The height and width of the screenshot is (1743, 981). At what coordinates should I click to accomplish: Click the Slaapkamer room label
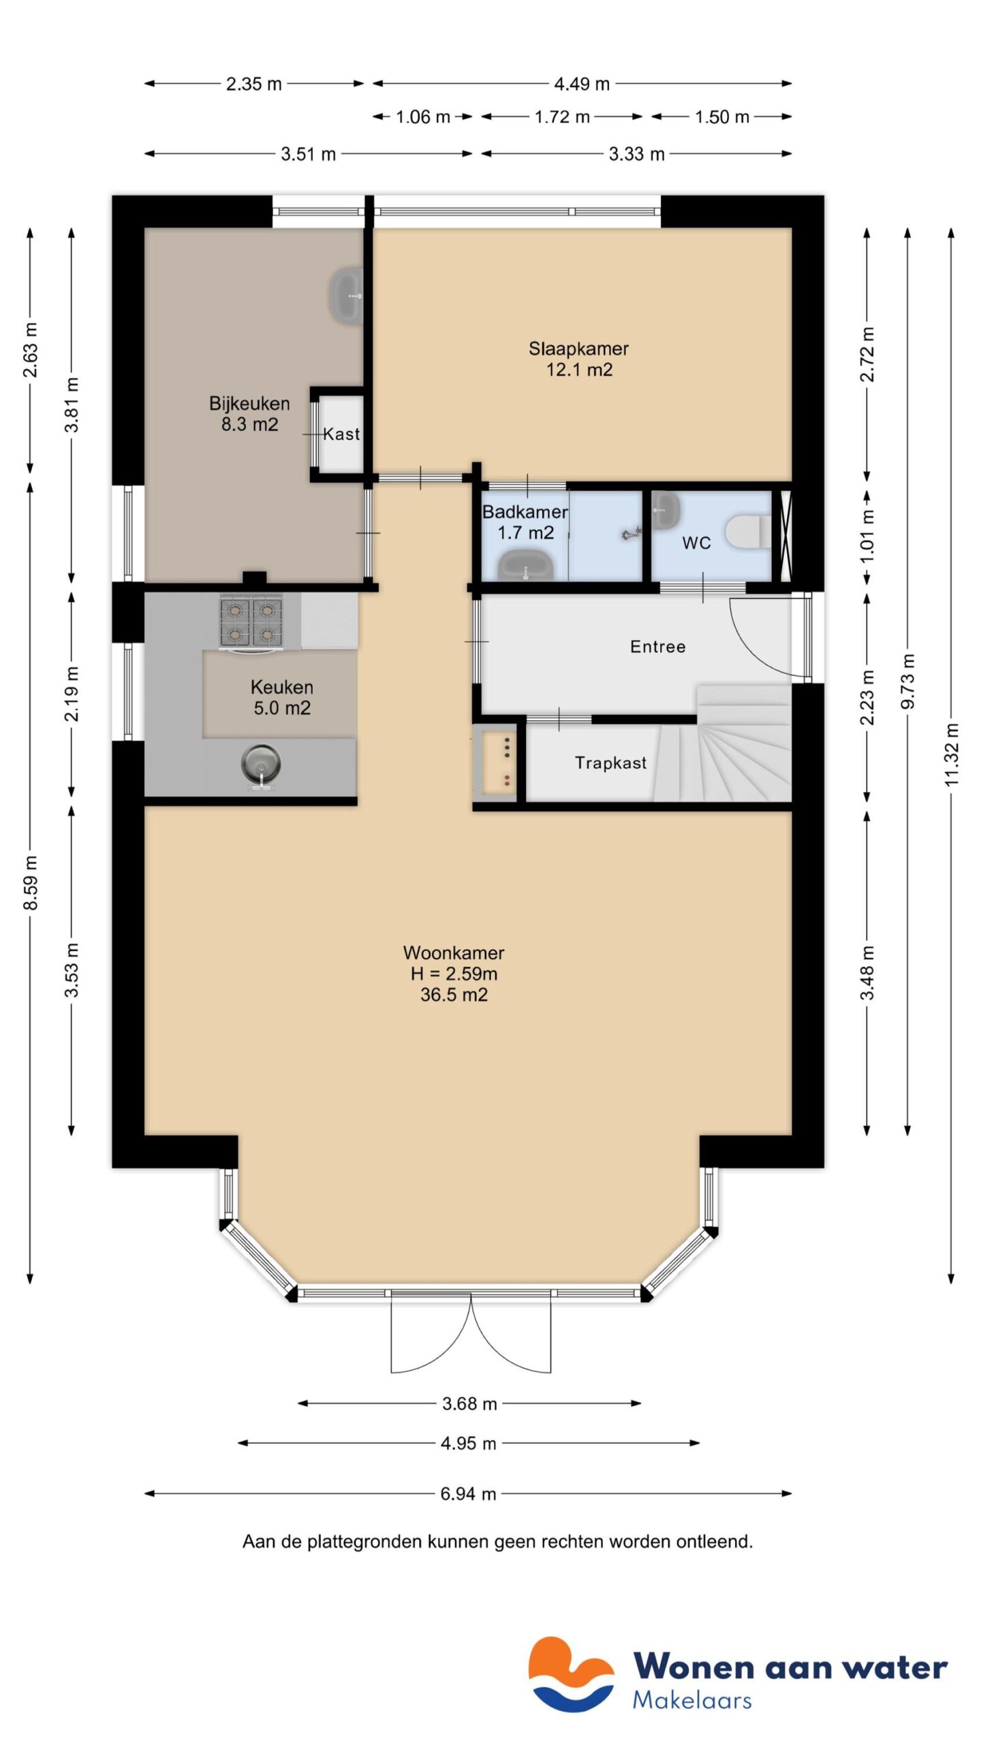click(x=578, y=349)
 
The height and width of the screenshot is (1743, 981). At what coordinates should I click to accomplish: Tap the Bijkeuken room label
click(x=249, y=404)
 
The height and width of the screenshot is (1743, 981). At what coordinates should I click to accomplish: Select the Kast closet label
click(x=341, y=434)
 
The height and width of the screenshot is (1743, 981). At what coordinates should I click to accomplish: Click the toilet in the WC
click(x=747, y=532)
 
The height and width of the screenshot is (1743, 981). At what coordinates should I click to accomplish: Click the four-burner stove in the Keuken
click(x=251, y=622)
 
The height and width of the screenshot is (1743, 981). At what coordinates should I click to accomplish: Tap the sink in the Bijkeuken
click(x=347, y=295)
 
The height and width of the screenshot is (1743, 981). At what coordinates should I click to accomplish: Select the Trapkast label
click(x=610, y=763)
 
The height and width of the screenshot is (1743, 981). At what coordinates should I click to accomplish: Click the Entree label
click(x=657, y=647)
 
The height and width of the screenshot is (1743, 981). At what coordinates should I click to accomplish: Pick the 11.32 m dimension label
click(x=951, y=754)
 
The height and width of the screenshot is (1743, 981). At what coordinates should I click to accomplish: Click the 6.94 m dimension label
click(x=468, y=1494)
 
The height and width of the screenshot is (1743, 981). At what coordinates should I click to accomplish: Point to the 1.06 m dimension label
click(x=423, y=117)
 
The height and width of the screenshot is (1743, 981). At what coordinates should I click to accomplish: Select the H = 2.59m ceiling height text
click(x=454, y=974)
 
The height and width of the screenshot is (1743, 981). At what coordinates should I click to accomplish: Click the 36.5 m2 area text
click(x=454, y=995)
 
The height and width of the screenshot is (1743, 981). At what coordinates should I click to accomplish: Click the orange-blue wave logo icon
click(x=571, y=1674)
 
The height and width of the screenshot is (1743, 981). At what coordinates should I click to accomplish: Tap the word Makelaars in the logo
click(x=691, y=1700)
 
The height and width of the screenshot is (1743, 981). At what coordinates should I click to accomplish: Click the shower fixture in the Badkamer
click(x=632, y=534)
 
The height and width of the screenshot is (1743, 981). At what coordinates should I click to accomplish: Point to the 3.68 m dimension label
click(x=469, y=1403)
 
